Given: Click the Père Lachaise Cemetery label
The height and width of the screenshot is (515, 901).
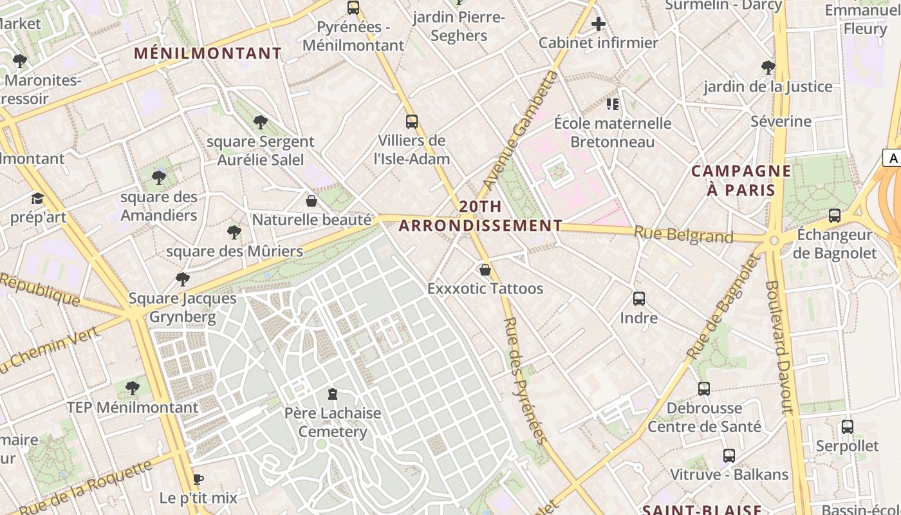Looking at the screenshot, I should pyautogui.click(x=333, y=422).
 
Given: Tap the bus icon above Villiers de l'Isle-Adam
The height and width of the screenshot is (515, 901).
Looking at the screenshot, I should pyautogui.click(x=412, y=121).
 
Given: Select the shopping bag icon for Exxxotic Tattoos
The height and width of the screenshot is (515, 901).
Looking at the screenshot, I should pyautogui.click(x=485, y=269).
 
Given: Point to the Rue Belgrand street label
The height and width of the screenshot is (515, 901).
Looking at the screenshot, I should pyautogui.click(x=683, y=235).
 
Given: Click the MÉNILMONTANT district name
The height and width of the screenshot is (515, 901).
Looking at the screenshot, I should pyautogui.click(x=208, y=53).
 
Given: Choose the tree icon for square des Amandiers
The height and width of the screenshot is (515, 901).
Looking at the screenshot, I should pyautogui.click(x=159, y=178).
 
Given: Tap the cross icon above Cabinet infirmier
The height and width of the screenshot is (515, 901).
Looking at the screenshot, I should pyautogui.click(x=599, y=24).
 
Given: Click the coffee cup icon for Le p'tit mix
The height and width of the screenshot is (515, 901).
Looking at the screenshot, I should pyautogui.click(x=198, y=479).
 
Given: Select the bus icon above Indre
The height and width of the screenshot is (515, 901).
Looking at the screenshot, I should pyautogui.click(x=639, y=299).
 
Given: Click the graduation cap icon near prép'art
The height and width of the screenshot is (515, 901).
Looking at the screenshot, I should pyautogui.click(x=38, y=198).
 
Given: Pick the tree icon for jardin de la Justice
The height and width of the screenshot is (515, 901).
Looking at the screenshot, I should pyautogui.click(x=768, y=67).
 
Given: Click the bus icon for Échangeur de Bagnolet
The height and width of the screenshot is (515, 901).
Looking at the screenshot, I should pyautogui.click(x=835, y=215).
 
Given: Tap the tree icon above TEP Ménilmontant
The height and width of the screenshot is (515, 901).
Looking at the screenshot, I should pyautogui.click(x=133, y=388).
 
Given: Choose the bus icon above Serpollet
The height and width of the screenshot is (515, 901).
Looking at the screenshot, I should pyautogui.click(x=848, y=427).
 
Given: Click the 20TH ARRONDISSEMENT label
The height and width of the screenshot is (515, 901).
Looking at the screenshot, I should pyautogui.click(x=480, y=216).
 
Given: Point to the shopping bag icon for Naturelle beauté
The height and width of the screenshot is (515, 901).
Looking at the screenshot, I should pyautogui.click(x=311, y=201).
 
